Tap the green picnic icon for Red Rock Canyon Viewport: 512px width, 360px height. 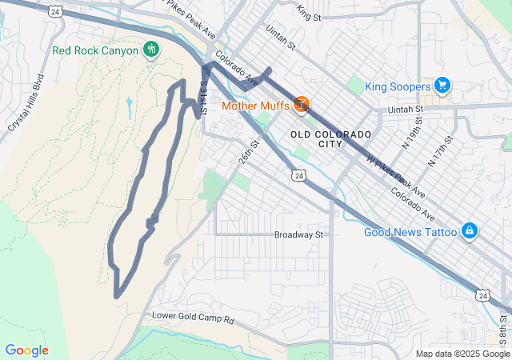(150, 50)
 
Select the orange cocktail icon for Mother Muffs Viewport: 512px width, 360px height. (302, 104)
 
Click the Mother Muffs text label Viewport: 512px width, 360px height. (255, 105)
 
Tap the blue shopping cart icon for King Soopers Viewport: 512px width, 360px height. (442, 86)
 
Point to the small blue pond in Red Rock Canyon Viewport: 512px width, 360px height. (129, 102)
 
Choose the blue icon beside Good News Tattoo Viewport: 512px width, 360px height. (470, 232)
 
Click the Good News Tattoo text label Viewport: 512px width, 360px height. (410, 233)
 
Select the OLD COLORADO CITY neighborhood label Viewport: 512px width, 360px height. (331, 138)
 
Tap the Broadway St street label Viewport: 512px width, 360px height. (298, 235)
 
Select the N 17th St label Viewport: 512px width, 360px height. (441, 150)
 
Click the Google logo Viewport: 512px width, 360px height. (26, 350)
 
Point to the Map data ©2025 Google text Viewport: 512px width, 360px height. (462, 354)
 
